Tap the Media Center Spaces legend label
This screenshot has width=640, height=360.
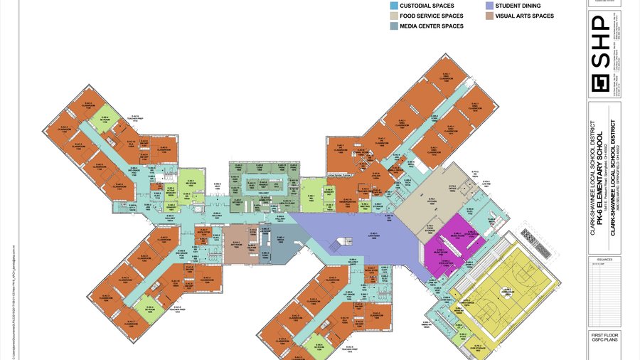[x=432, y=26]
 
